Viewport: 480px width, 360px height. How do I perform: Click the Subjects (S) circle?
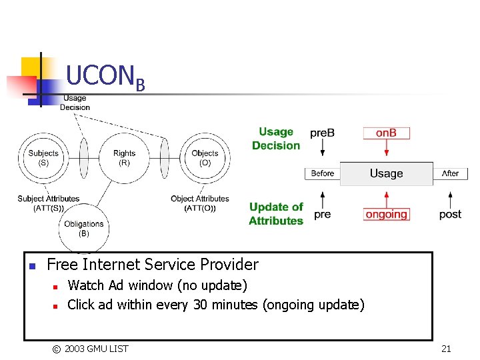coord(43,158)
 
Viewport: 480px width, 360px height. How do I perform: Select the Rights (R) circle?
coord(124,158)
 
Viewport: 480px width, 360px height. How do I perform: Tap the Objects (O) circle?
coord(205,158)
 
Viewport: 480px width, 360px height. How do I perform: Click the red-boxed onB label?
coord(386,133)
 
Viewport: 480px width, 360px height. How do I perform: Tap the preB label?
coord(322,133)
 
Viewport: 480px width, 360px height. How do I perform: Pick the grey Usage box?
coord(386,173)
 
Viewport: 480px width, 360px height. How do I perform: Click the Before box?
coord(323,173)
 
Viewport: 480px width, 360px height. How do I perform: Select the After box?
coord(451,173)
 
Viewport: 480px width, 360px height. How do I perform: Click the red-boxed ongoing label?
coord(386,214)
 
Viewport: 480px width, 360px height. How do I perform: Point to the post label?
coord(450,214)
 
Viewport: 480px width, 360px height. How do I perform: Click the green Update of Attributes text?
coord(276,213)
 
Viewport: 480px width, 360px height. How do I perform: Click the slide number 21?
coord(446,348)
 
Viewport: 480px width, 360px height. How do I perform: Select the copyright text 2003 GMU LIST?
coord(96,348)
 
